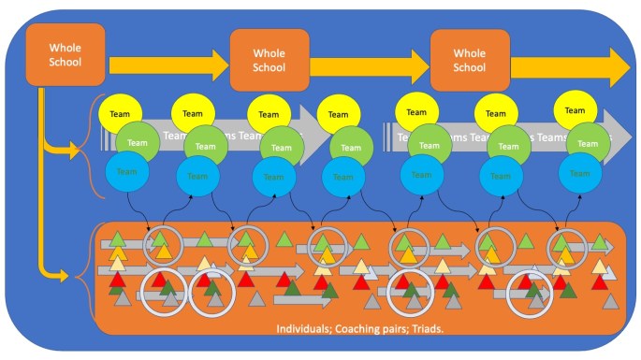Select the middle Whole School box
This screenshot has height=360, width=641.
[x=270, y=60]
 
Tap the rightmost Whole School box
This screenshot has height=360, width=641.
[x=470, y=60]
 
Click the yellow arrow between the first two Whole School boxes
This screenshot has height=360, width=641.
[x=168, y=65]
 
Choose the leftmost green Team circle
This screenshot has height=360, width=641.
[x=138, y=143]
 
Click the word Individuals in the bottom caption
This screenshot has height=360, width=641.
[x=305, y=329]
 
